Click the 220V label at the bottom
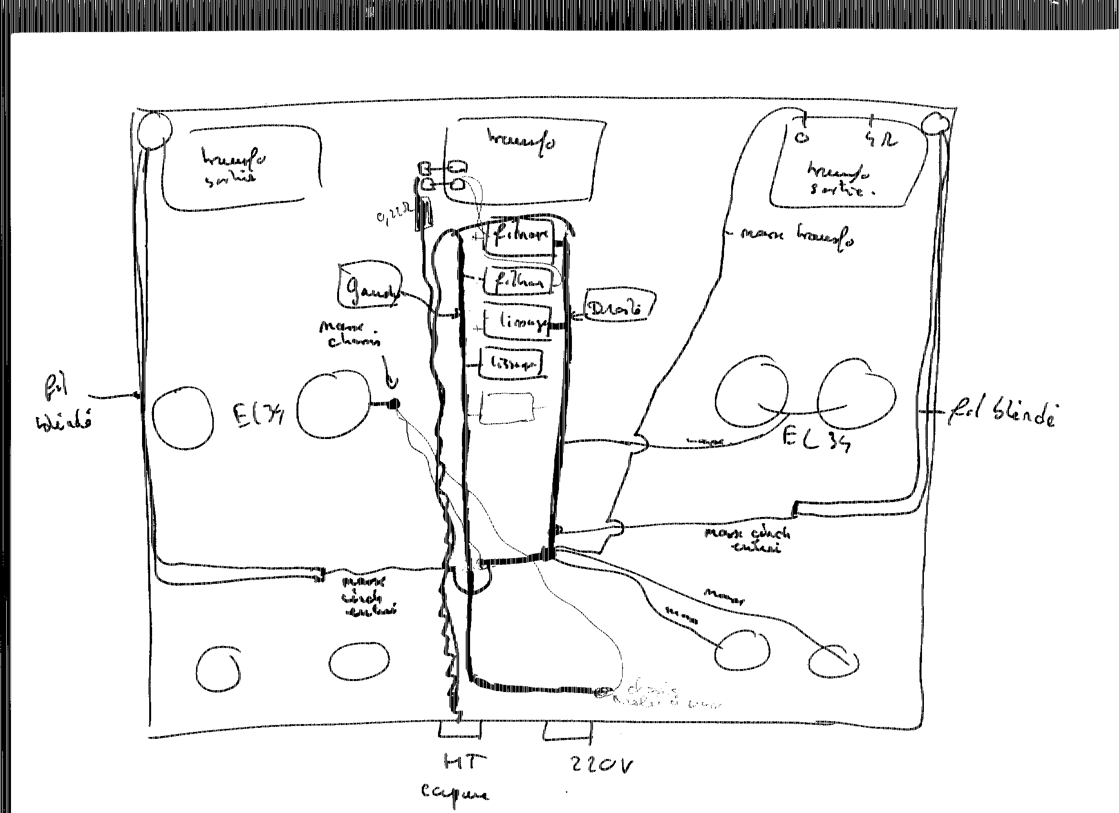point(601,764)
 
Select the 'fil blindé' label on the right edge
point(1002,415)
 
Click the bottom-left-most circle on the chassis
point(218,669)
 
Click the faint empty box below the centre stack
point(508,407)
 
